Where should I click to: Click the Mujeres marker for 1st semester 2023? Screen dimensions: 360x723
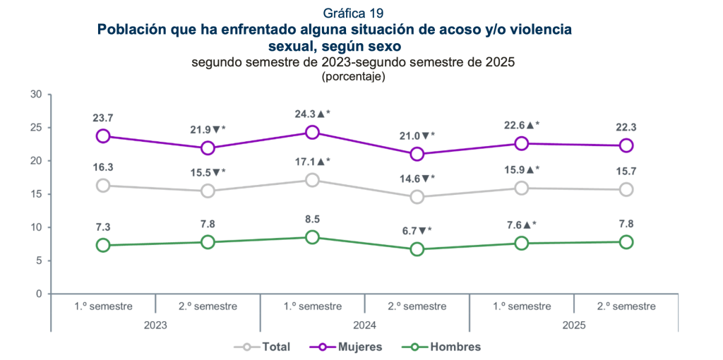tap(103, 136)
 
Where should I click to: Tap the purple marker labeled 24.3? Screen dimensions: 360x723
tap(312, 132)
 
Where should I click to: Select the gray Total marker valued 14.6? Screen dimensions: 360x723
tap(417, 197)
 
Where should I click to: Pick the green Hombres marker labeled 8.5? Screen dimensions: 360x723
tap(312, 237)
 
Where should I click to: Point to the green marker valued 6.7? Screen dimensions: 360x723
tap(417, 249)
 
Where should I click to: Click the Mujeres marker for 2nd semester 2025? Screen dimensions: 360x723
tap(626, 145)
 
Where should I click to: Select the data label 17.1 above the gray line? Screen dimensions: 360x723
tap(312, 162)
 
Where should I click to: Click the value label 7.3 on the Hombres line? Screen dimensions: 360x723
tap(103, 227)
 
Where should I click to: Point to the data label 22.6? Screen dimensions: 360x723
tap(521, 125)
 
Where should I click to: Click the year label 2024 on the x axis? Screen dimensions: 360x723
tap(364, 325)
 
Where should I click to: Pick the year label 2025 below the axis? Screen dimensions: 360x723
tap(573, 325)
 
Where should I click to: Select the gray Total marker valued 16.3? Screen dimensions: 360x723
tap(103, 186)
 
